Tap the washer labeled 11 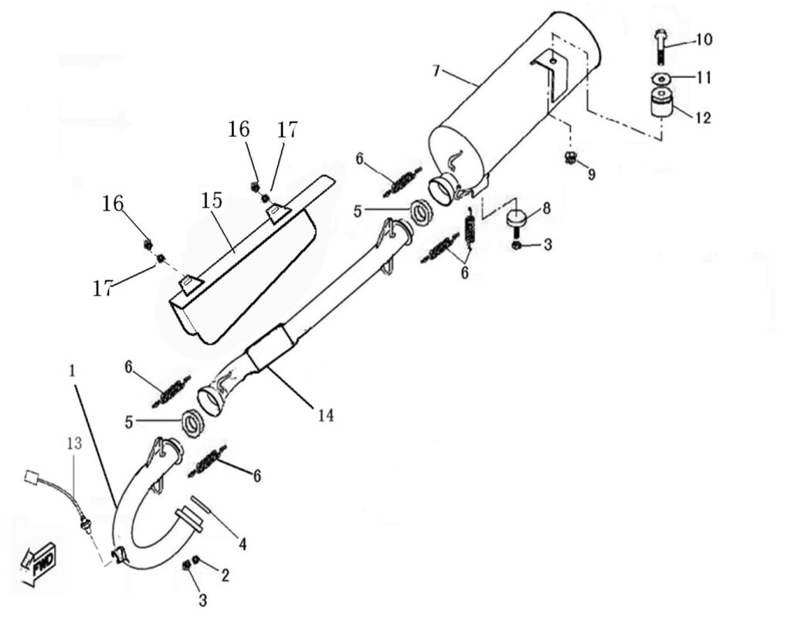tap(660, 78)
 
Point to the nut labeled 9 tap(571, 159)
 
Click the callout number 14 tap(324, 416)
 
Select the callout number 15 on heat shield tap(212, 201)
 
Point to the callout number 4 tap(242, 545)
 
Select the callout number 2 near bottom tap(225, 575)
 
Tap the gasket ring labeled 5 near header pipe tap(192, 423)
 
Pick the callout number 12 tap(702, 118)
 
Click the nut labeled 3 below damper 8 tap(518, 246)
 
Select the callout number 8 tap(546, 208)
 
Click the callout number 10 tap(704, 39)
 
